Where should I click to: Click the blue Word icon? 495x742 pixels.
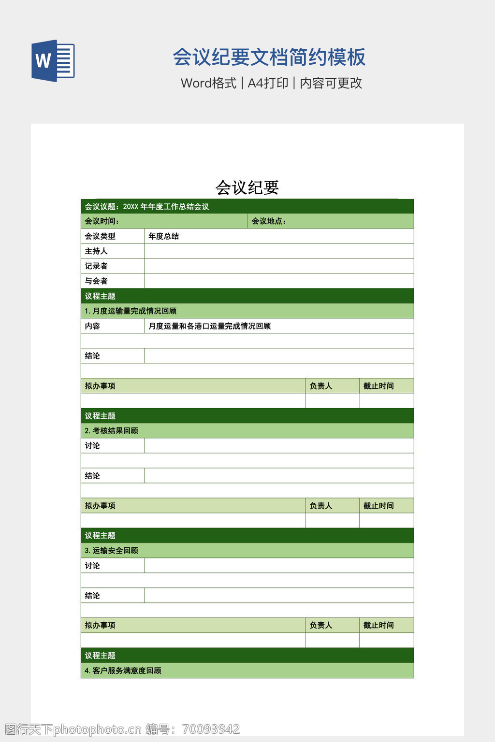click(53, 60)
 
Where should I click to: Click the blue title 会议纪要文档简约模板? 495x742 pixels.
click(269, 57)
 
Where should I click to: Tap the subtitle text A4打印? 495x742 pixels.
click(268, 83)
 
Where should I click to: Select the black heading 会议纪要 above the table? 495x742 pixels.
click(247, 187)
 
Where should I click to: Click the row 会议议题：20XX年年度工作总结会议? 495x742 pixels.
click(147, 207)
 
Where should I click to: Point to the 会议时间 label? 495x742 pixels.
click(102, 221)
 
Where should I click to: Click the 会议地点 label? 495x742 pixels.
click(268, 221)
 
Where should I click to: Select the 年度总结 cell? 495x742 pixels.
click(164, 236)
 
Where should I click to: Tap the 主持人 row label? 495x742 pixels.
click(96, 251)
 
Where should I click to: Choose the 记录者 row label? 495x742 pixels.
click(96, 266)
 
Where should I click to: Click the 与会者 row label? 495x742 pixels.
click(96, 281)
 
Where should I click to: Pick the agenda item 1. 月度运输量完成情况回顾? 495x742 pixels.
click(131, 311)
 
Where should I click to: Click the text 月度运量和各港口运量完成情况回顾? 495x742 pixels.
click(209, 326)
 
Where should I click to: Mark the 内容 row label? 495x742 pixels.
click(92, 326)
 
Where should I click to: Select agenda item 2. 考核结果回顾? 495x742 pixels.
click(111, 431)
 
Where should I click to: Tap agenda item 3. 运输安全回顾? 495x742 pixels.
click(111, 551)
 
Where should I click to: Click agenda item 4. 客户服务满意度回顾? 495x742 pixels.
click(123, 671)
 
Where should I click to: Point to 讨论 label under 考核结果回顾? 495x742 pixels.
click(92, 446)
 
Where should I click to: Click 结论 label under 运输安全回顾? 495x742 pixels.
click(92, 596)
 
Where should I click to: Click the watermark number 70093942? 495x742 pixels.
click(211, 729)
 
